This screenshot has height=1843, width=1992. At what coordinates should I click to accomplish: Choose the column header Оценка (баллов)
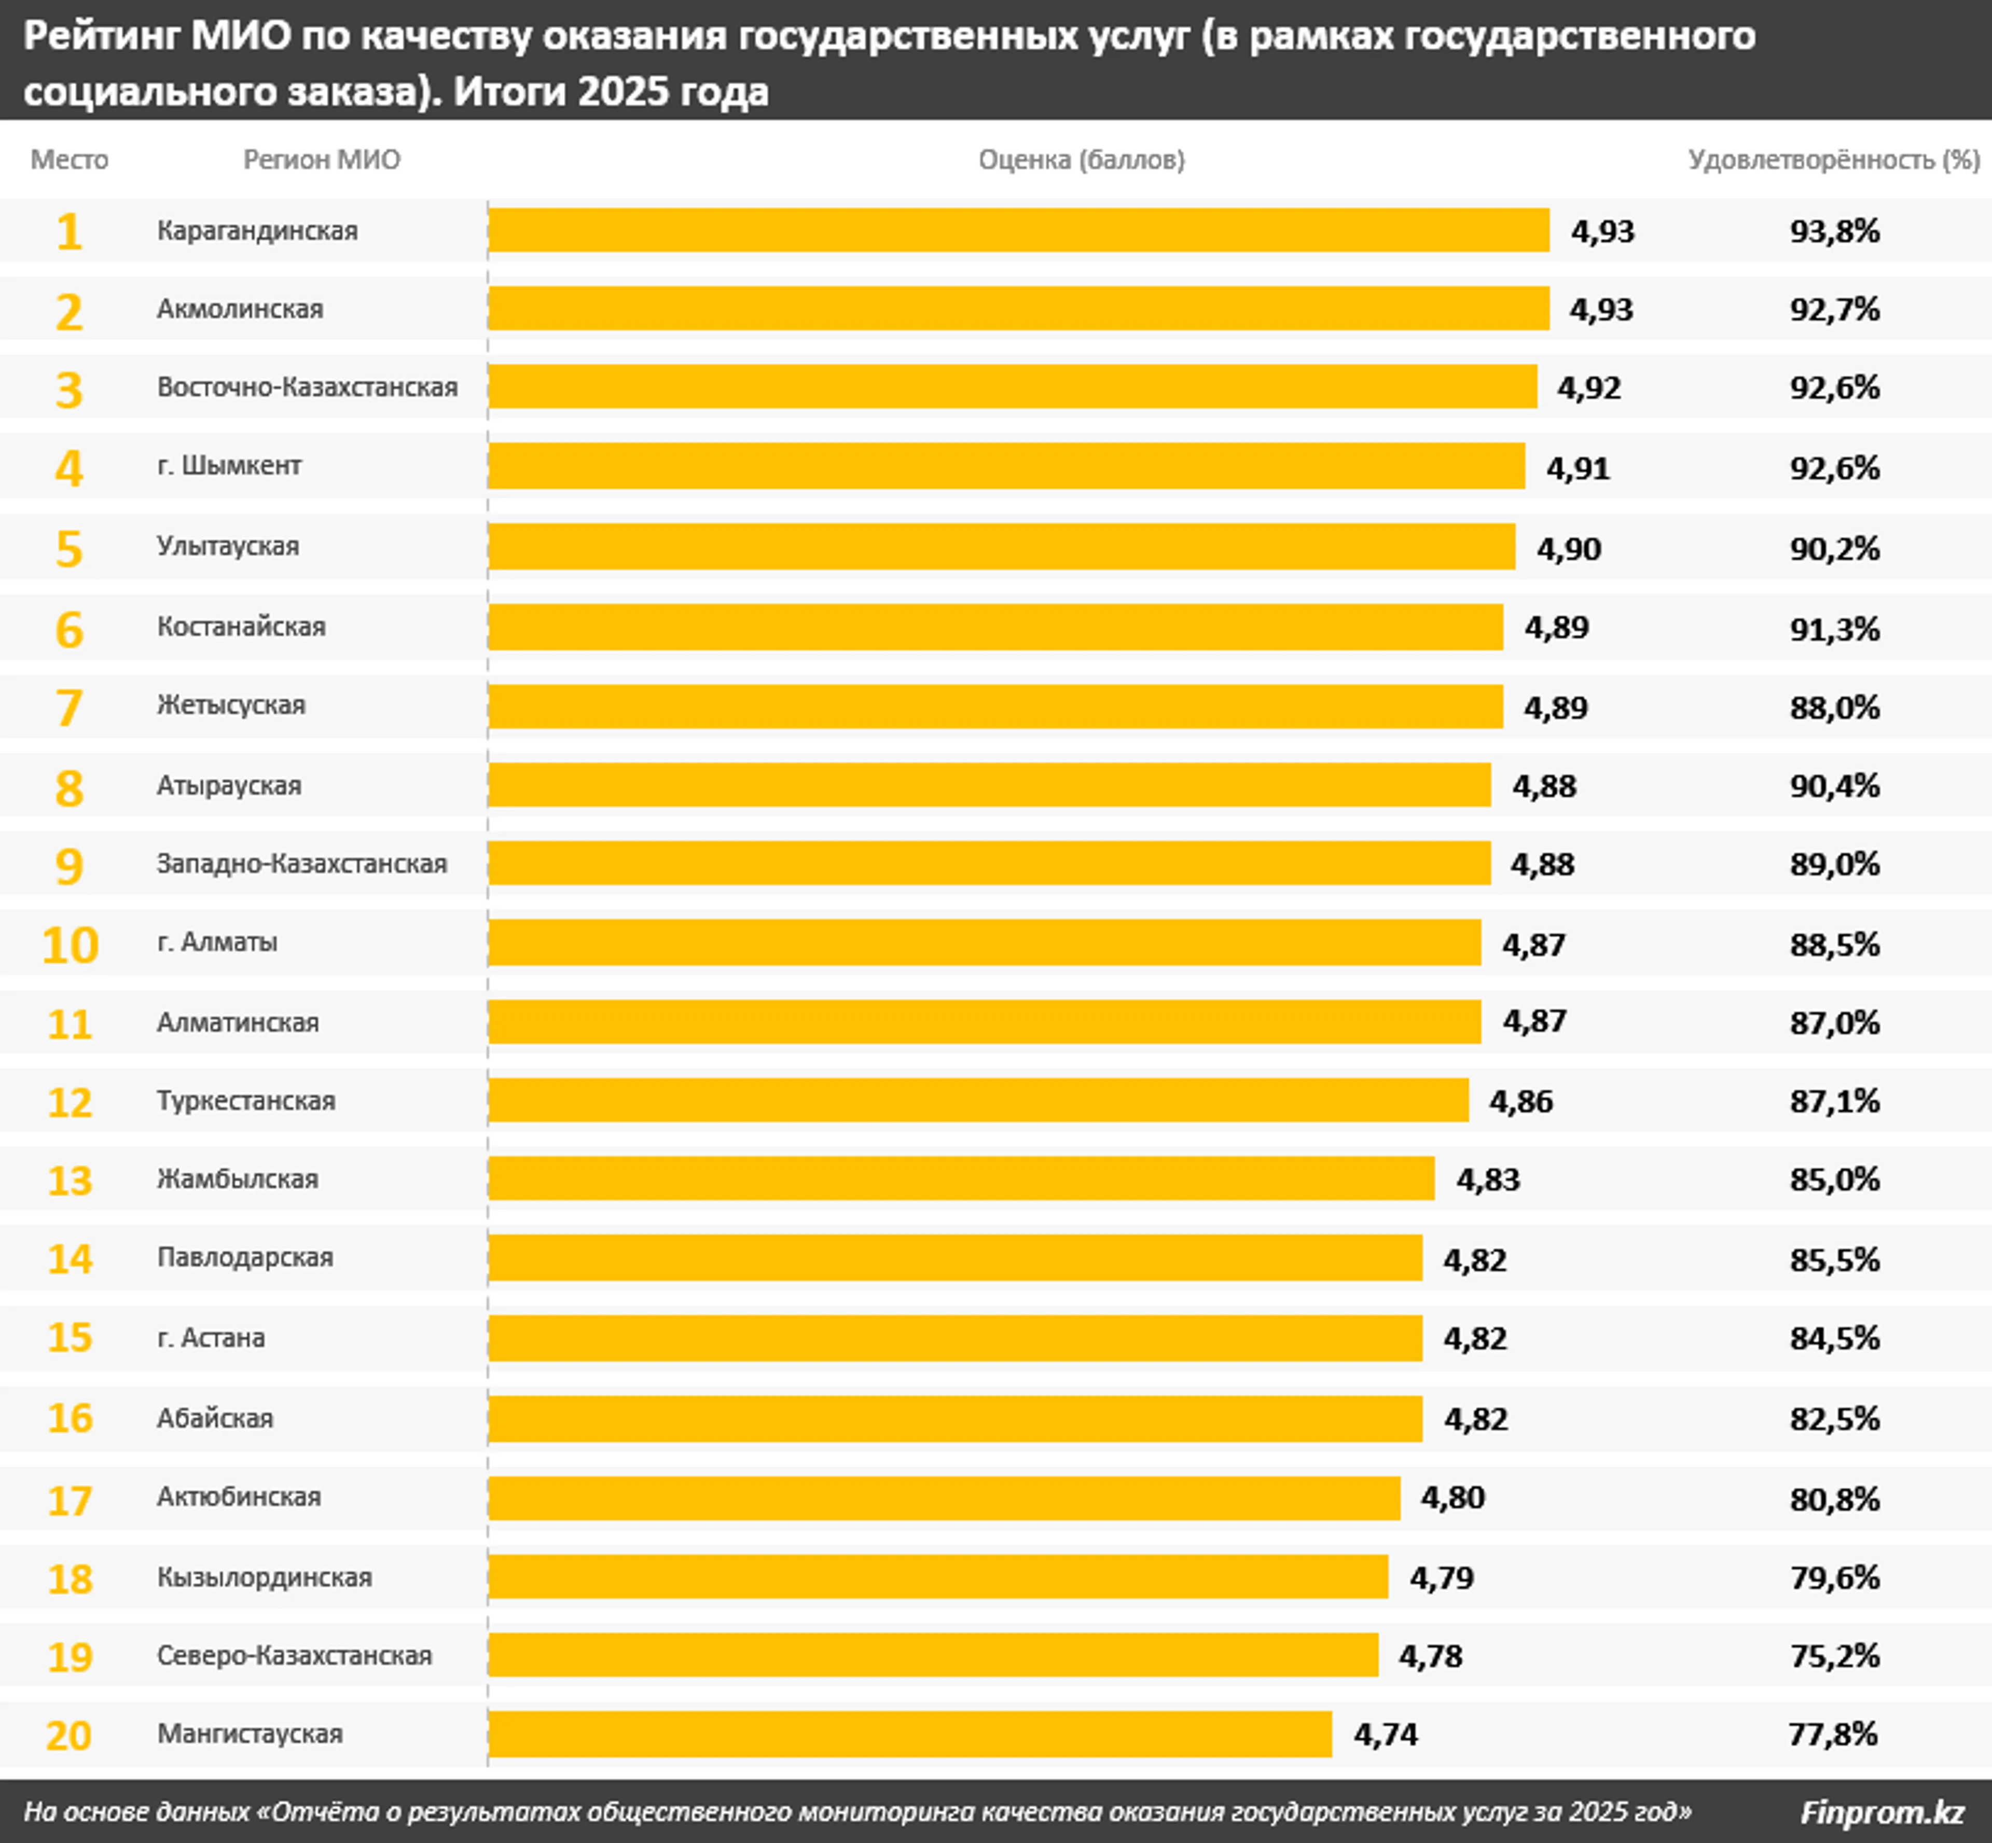[x=1081, y=160]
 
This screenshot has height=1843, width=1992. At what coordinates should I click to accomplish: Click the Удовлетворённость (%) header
[x=1833, y=160]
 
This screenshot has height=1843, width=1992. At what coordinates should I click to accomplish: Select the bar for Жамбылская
[x=961, y=1179]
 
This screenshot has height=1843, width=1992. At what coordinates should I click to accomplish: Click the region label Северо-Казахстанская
[x=294, y=1656]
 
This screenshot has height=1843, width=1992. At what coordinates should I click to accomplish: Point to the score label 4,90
[x=1568, y=548]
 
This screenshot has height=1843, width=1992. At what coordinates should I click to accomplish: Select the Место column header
[x=69, y=160]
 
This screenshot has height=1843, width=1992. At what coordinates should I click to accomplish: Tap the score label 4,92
[x=1589, y=388]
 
